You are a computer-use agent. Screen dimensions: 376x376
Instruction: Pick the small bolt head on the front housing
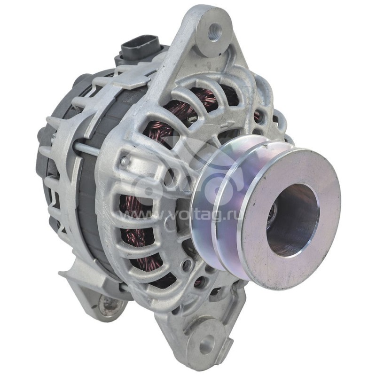click(x=125, y=161)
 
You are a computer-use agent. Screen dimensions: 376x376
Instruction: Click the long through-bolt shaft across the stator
click(x=87, y=148)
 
